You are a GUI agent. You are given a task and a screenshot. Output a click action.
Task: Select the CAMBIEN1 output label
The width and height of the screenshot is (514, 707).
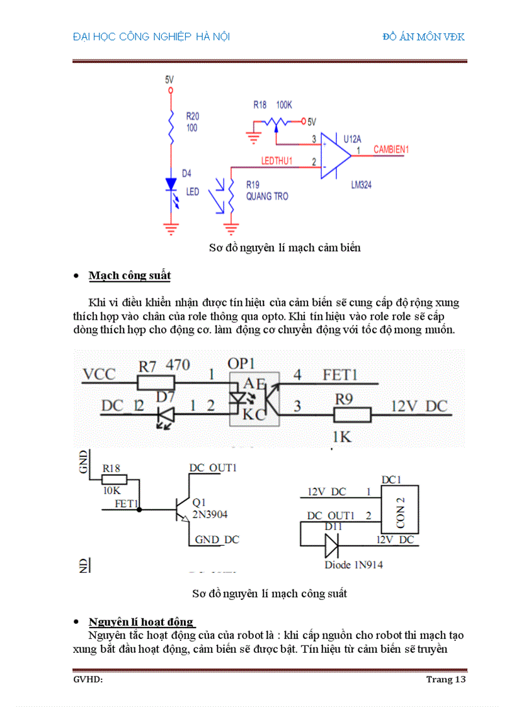[391, 150]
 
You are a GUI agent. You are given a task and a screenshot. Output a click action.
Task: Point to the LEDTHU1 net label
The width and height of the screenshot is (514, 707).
[277, 161]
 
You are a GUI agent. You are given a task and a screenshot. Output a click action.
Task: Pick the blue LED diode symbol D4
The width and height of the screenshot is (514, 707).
[171, 184]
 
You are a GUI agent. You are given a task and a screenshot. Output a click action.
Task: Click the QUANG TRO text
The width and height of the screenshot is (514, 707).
[267, 196]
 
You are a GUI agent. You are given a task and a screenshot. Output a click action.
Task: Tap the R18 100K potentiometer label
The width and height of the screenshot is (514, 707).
[272, 105]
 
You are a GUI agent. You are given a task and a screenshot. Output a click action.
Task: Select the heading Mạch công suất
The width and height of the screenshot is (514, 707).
[129, 276]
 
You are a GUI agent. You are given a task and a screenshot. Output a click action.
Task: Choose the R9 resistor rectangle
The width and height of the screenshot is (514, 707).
[351, 414]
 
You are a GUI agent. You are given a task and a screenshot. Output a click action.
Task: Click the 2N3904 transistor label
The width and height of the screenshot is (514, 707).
[210, 514]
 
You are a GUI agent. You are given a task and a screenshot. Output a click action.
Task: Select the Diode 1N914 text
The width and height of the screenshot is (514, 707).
[353, 565]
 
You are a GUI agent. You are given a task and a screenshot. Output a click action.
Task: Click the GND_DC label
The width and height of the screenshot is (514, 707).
[217, 540]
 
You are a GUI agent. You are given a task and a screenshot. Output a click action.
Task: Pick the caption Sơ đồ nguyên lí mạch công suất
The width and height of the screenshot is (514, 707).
[270, 593]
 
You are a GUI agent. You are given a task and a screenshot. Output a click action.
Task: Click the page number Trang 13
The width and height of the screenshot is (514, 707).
[445, 679]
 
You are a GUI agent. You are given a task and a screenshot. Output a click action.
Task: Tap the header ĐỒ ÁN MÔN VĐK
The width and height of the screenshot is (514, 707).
[423, 37]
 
